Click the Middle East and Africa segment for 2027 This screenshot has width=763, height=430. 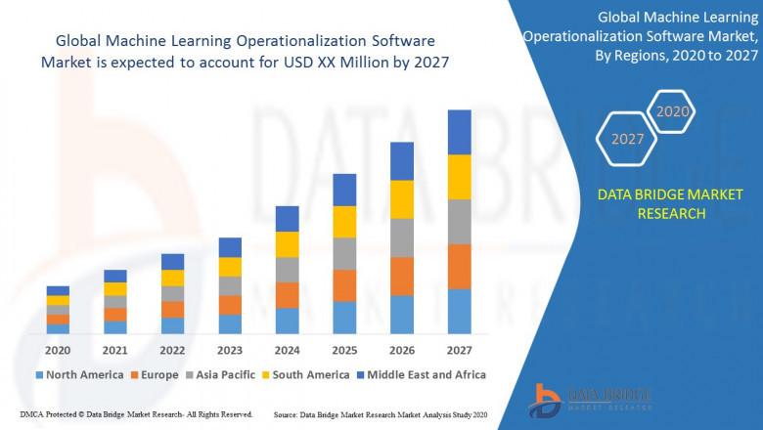(x=459, y=132)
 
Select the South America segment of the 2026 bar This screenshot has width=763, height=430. (x=402, y=199)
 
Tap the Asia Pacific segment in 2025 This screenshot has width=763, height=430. (x=344, y=253)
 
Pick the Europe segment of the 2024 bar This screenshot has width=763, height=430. (x=287, y=295)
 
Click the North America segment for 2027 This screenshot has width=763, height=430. (x=459, y=311)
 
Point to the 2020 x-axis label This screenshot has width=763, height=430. (x=58, y=349)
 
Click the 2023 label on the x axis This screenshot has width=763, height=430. (x=230, y=349)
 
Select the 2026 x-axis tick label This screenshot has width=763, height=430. (x=402, y=349)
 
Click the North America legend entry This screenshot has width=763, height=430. (x=78, y=374)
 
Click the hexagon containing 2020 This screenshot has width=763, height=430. (x=673, y=111)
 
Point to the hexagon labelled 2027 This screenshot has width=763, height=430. (x=628, y=139)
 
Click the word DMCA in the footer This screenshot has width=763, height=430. (x=33, y=414)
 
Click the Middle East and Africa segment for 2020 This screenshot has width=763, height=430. (x=58, y=290)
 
